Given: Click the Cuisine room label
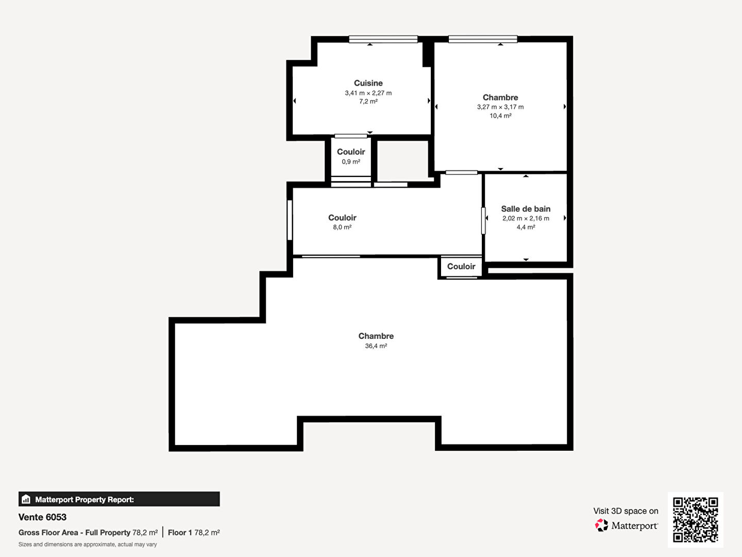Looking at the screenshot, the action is (x=368, y=83).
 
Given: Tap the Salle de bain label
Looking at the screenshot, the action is (x=526, y=209).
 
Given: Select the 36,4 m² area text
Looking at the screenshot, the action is (x=376, y=346).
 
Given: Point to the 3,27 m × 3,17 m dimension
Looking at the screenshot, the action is (x=500, y=107).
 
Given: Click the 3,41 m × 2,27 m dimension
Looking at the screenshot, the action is (x=368, y=93).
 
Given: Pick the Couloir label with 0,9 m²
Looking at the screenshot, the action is (x=351, y=152).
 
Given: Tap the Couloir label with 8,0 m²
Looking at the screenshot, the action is (x=342, y=218).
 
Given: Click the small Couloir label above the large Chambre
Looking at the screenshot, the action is (x=461, y=267).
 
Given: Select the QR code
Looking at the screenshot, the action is (x=695, y=519).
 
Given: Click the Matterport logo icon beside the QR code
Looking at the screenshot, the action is (x=601, y=525).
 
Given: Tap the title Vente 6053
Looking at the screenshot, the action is (x=42, y=517).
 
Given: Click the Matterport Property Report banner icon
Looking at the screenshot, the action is (x=26, y=499).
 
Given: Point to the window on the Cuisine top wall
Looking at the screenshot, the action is (x=383, y=39).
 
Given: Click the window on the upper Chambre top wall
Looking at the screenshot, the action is (x=483, y=39).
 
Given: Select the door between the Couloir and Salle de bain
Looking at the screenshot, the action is (x=483, y=221).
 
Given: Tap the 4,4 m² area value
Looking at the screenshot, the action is (x=526, y=227).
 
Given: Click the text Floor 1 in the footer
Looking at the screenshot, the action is (x=180, y=533).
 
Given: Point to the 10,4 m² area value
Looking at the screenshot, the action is (x=500, y=116).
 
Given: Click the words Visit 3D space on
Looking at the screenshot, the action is (x=626, y=511).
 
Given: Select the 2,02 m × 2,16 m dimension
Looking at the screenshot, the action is (x=526, y=219).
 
